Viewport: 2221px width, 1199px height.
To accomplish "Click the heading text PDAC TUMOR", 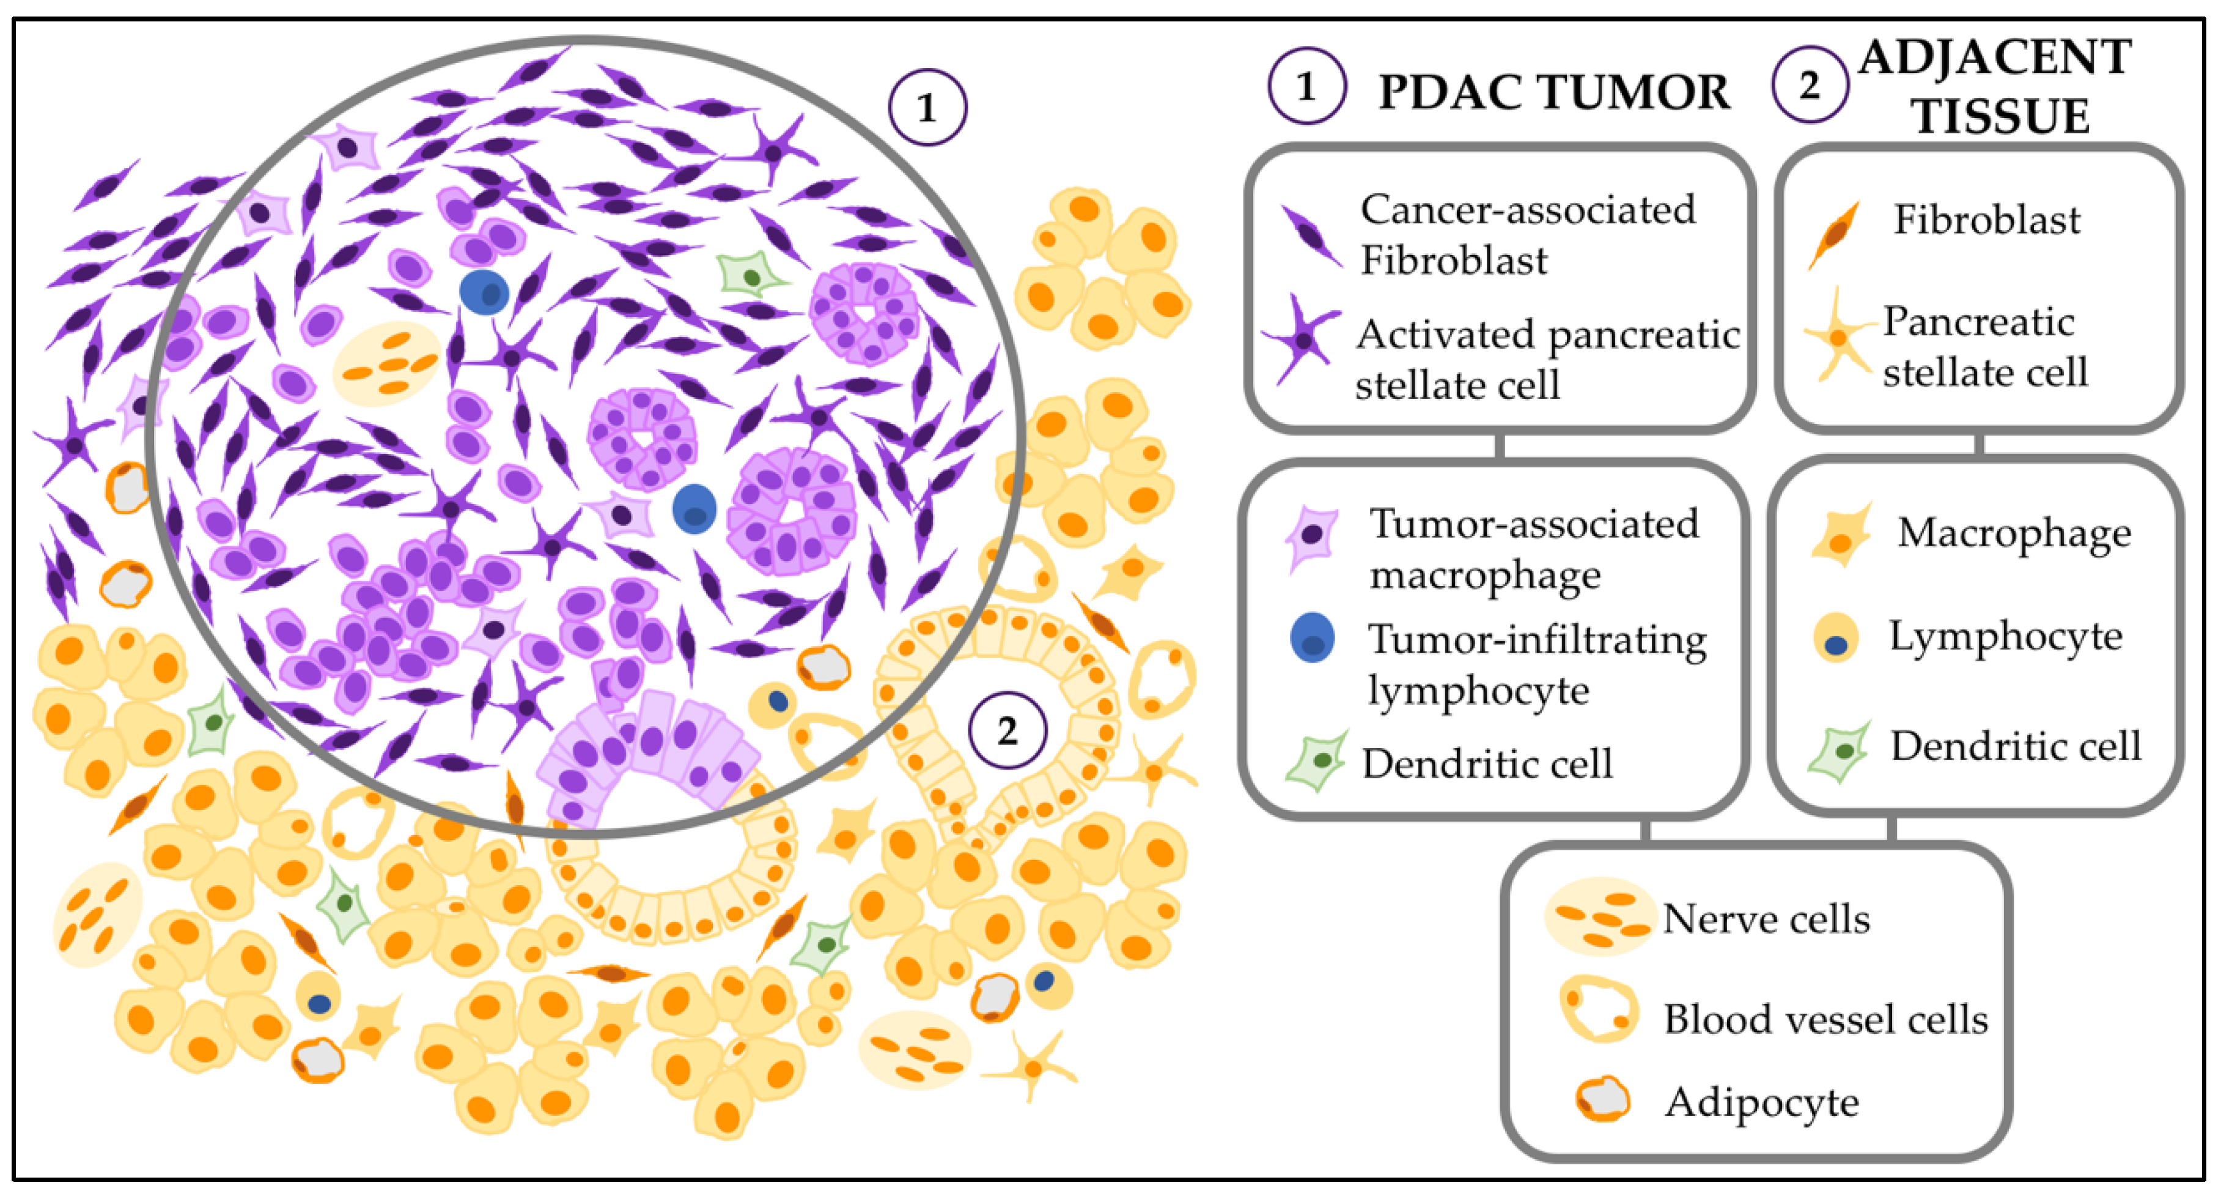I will (1553, 92).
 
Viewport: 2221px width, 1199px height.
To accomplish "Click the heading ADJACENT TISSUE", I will (1995, 86).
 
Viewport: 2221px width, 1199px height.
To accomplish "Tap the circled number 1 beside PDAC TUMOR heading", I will (1306, 86).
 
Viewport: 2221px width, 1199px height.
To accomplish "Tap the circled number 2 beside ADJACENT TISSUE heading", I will (1810, 84).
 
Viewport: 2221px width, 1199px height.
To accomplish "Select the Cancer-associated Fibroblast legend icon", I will (1311, 235).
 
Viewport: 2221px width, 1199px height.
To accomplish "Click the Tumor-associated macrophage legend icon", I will (1311, 536).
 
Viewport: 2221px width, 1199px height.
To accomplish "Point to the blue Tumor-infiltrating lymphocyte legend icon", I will (1313, 638).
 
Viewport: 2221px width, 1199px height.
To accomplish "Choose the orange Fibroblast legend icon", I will (1834, 233).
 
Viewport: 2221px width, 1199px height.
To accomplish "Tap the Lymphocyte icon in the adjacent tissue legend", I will (1836, 638).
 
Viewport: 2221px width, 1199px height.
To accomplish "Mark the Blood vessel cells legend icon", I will (1597, 1009).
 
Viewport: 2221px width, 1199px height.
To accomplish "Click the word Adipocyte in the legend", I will (1761, 1102).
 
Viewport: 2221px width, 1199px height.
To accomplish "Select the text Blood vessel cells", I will (1825, 1020).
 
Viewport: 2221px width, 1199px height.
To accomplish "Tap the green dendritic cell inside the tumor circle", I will (751, 274).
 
